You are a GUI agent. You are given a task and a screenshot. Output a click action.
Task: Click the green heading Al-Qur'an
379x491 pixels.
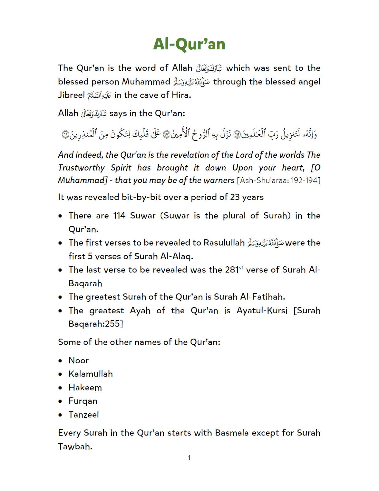(x=189, y=44)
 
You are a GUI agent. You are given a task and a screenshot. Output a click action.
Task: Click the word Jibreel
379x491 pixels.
(x=71, y=95)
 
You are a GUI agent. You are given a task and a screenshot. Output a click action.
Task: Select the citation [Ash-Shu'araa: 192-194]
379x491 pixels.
(x=278, y=180)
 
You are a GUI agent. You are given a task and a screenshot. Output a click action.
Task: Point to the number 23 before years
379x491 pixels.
(x=235, y=197)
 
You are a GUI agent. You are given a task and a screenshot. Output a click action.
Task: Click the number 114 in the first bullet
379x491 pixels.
(x=119, y=216)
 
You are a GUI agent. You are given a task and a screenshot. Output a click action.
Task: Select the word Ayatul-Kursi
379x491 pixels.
(x=262, y=311)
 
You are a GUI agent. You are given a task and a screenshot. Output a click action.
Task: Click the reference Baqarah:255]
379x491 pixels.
(x=96, y=324)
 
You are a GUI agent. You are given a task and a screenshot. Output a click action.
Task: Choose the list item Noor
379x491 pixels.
(x=78, y=361)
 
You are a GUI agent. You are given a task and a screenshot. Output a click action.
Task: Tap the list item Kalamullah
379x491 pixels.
(x=91, y=374)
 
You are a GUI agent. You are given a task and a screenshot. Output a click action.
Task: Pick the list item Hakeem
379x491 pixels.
(x=85, y=388)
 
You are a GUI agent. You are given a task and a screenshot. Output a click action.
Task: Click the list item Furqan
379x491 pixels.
(x=83, y=401)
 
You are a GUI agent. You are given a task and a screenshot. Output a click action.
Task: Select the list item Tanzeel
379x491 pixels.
(x=84, y=415)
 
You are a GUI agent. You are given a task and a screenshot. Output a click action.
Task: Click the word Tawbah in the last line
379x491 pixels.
(x=75, y=447)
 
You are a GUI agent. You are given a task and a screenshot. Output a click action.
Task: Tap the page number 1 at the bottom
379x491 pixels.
(x=189, y=458)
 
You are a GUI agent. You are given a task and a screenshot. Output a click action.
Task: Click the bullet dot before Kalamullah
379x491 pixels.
(x=61, y=374)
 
